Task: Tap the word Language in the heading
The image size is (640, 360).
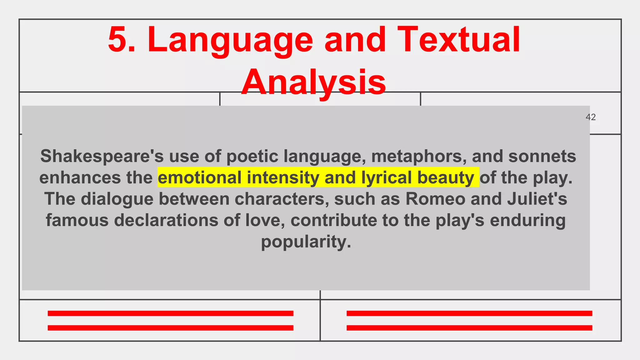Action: pyautogui.click(x=230, y=41)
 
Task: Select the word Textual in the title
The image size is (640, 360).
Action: pyautogui.click(x=458, y=40)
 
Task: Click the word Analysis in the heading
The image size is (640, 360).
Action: pyautogui.click(x=313, y=82)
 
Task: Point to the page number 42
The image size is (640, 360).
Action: pyautogui.click(x=591, y=117)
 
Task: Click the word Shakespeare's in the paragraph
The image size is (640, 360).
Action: pyautogui.click(x=102, y=156)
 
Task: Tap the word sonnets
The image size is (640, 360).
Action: pyautogui.click(x=542, y=156)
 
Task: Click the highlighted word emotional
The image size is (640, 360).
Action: pyautogui.click(x=200, y=177)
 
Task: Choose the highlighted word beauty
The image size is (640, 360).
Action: pyautogui.click(x=446, y=178)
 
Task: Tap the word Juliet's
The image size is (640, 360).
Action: pyautogui.click(x=537, y=199)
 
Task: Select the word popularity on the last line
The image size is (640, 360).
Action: pyautogui.click(x=306, y=242)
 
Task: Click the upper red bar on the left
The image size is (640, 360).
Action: pyautogui.click(x=170, y=313)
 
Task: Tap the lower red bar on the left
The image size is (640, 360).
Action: pyautogui.click(x=170, y=328)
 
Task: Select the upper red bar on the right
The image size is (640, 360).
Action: pyautogui.click(x=469, y=313)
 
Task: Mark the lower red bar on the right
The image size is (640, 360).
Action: pyautogui.click(x=469, y=328)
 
